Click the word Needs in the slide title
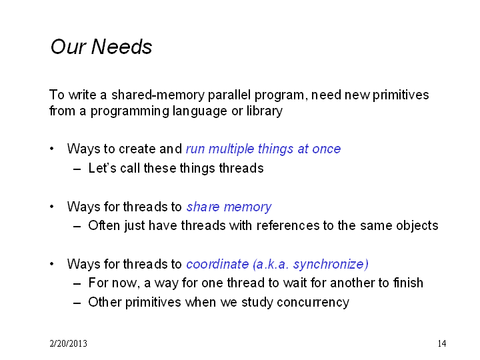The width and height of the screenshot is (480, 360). click(121, 47)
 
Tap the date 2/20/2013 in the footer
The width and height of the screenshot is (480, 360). click(68, 343)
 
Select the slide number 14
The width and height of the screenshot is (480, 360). click(442, 343)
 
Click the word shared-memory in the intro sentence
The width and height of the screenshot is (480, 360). click(157, 95)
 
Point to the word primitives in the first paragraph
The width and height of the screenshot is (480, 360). click(401, 95)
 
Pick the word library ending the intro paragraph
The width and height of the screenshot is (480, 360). click(265, 111)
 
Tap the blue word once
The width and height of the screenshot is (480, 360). click(326, 149)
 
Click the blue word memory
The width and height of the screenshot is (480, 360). click(247, 207)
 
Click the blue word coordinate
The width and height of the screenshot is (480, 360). click(217, 264)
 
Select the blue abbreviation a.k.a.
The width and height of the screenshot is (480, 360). click(271, 264)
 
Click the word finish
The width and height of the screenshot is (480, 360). click(408, 283)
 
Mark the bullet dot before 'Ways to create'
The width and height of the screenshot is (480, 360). click(52, 149)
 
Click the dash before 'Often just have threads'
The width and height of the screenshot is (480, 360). click(77, 227)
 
